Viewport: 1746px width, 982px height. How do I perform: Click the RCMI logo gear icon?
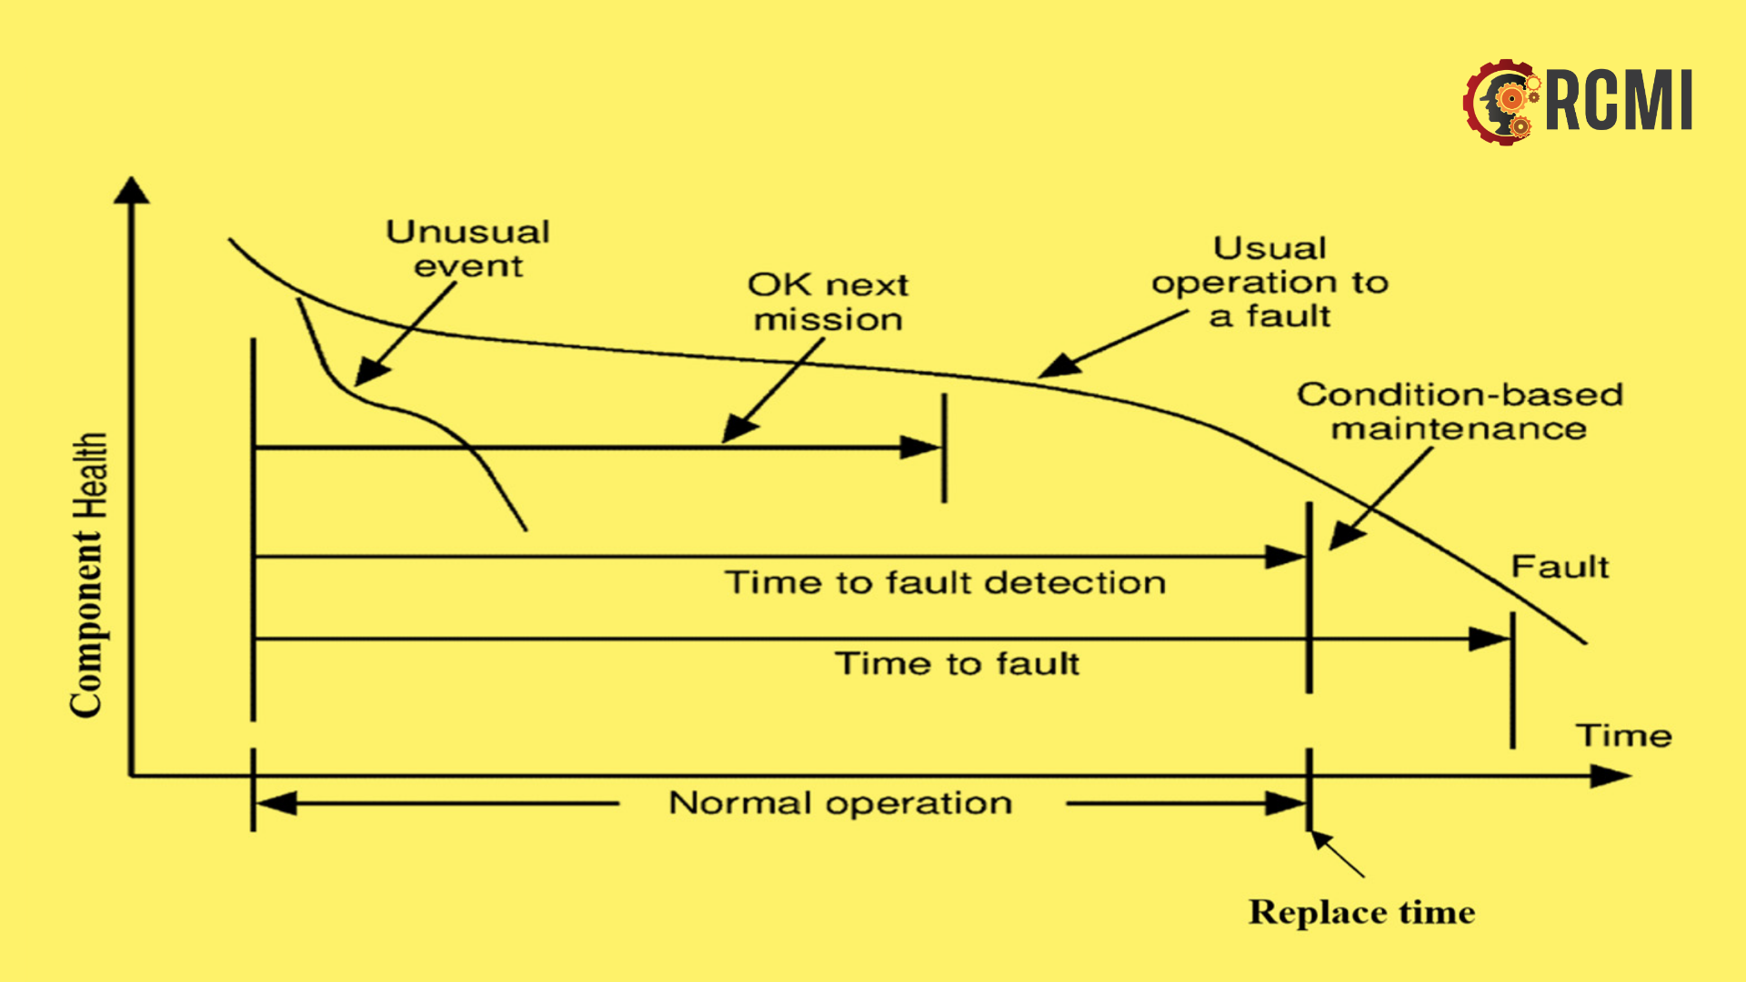pyautogui.click(x=1501, y=102)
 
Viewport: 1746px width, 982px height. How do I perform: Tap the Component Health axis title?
pyautogui.click(x=88, y=575)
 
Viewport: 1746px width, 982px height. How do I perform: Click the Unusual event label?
pyautogui.click(x=468, y=248)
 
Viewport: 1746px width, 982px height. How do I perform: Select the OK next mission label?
pyautogui.click(x=828, y=302)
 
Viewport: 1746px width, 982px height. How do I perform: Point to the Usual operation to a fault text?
pyautogui.click(x=1269, y=282)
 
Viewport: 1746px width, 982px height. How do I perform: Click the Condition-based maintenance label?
pyautogui.click(x=1460, y=411)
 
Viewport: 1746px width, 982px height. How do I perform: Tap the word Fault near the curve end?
pyautogui.click(x=1560, y=567)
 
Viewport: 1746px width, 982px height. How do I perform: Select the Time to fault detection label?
pyautogui.click(x=945, y=583)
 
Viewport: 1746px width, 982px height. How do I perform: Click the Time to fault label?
pyautogui.click(x=957, y=664)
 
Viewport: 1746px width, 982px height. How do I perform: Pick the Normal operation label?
pyautogui.click(x=840, y=804)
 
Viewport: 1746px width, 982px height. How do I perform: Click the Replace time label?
pyautogui.click(x=1361, y=912)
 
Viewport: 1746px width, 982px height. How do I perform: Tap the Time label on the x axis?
pyautogui.click(x=1623, y=736)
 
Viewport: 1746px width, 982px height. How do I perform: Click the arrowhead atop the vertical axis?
pyautogui.click(x=132, y=190)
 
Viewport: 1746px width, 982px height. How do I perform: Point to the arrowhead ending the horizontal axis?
pyautogui.click(x=1611, y=777)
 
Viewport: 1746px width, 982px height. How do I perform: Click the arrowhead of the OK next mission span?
pyautogui.click(x=920, y=447)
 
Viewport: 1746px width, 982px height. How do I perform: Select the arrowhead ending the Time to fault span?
pyautogui.click(x=1490, y=639)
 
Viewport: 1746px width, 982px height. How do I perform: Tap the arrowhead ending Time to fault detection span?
pyautogui.click(x=1286, y=556)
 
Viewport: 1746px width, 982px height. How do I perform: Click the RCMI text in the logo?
pyautogui.click(x=1619, y=102)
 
